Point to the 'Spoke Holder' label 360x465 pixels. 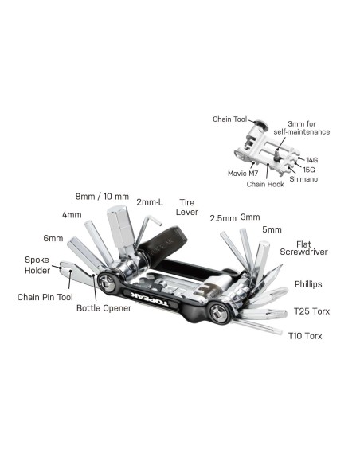coord(37,265)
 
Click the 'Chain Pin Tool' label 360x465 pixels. coord(41,297)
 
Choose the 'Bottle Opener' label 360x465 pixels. coord(104,307)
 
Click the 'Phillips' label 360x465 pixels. coord(309,283)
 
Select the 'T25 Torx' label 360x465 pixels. coord(311,311)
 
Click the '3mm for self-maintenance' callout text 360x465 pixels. coord(307,127)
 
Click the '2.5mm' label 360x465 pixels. coord(222,217)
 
